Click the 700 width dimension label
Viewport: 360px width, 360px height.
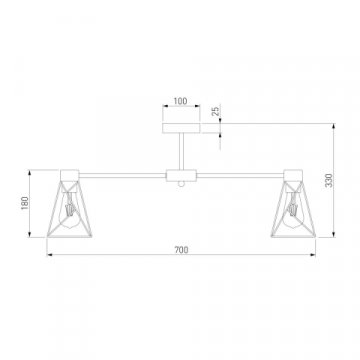coord(181,250)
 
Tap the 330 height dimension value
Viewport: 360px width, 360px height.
coord(329,180)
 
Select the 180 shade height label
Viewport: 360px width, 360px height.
coord(25,203)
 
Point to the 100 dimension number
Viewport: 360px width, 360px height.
coord(181,101)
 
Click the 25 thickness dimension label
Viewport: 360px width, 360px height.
coord(216,111)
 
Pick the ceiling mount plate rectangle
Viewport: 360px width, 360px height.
coord(181,128)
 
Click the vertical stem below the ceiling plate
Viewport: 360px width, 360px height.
coord(181,152)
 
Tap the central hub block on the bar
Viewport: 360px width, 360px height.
coord(181,176)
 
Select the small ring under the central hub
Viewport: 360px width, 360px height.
coord(181,184)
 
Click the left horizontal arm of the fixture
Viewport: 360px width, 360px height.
coord(123,175)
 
